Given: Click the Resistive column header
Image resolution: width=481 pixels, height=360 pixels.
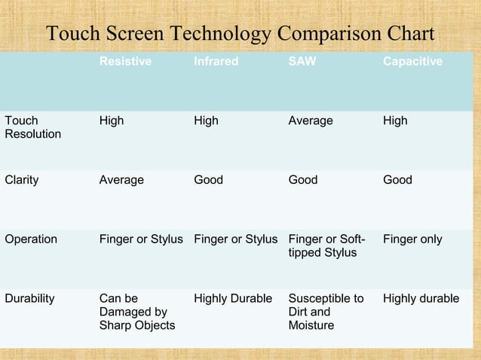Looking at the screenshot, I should (125, 62).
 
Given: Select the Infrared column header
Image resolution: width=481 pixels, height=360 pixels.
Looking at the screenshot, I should (216, 62).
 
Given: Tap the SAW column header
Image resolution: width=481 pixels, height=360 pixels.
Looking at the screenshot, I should (302, 62).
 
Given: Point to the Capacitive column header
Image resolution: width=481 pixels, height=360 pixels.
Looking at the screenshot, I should (412, 62).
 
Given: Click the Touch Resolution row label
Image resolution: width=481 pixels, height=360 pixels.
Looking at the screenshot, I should (33, 127).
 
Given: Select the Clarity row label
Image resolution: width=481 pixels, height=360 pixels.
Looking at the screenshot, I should (22, 180).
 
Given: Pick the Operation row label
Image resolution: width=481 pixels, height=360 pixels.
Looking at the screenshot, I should (31, 239).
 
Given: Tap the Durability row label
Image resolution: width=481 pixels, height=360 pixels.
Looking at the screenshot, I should (29, 299).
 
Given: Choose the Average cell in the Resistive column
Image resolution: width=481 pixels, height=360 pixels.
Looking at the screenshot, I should (121, 180).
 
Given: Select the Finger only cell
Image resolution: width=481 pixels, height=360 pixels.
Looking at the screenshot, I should (412, 239).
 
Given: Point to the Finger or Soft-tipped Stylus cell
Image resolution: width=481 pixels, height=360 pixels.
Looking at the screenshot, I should (326, 246).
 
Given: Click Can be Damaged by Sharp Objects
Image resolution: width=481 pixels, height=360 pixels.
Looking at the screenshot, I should (136, 312).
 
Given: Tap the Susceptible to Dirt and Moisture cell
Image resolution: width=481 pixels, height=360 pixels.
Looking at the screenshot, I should (326, 312).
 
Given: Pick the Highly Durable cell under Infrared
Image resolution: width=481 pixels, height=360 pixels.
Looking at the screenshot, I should (233, 299).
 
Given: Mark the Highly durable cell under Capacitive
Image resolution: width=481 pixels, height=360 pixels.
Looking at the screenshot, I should (421, 299).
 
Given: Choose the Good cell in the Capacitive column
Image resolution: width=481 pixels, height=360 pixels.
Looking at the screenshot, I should (397, 180).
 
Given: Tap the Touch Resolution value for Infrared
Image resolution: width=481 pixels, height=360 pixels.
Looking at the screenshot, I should (206, 121).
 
